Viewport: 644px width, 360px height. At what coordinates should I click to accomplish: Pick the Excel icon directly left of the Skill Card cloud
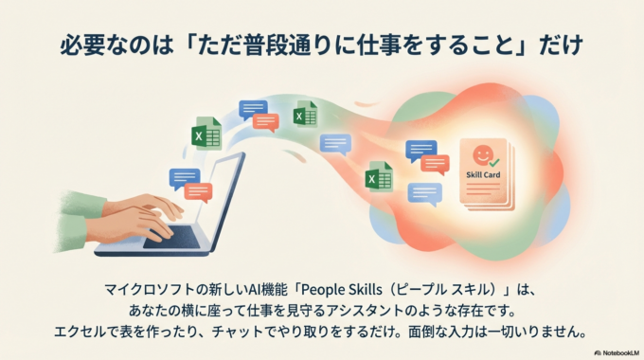tap(379, 176)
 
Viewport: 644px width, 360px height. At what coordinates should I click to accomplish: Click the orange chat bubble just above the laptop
tap(199, 191)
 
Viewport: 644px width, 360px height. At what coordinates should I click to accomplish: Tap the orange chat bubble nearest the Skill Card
tap(435, 164)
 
